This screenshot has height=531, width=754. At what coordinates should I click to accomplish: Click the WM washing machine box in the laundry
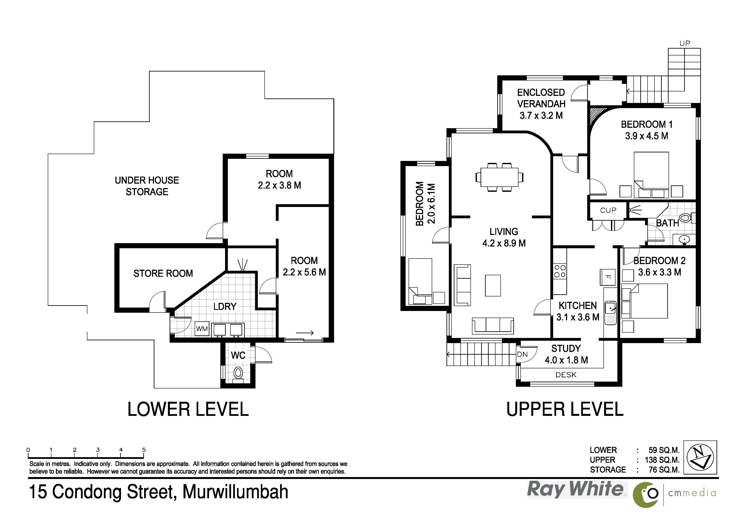click(202, 329)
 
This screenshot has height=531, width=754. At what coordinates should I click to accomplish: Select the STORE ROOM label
click(163, 273)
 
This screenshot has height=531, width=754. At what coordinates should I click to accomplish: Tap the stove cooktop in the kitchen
click(560, 271)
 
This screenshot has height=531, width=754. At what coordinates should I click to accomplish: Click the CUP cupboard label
click(608, 210)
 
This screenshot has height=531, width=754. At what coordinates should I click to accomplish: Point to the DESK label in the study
click(566, 375)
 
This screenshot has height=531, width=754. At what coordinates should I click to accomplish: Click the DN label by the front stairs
click(522, 354)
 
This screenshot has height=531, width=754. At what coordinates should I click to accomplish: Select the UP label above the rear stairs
click(685, 43)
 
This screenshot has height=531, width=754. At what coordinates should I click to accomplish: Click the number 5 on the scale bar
click(144, 450)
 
